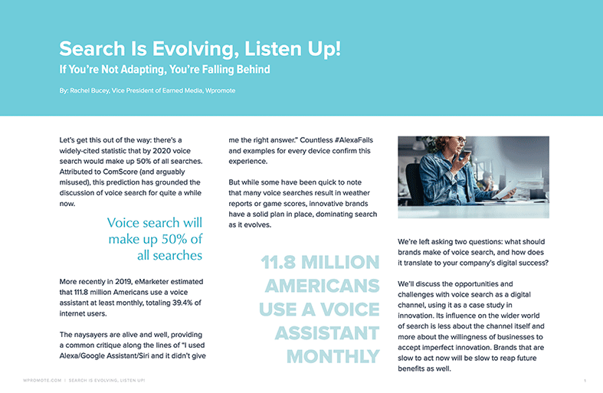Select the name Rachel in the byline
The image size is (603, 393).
tap(80, 90)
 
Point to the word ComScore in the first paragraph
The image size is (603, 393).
tap(120, 172)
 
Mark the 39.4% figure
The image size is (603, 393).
tap(182, 303)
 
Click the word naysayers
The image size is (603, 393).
tap(90, 335)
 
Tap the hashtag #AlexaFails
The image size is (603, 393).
tap(354, 140)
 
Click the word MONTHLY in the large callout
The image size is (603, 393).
tap(333, 356)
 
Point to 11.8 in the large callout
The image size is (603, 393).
tap(278, 262)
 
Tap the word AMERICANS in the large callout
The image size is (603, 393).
tap(323, 286)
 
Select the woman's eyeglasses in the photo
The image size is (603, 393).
tap(458, 141)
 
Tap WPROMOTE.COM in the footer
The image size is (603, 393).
tap(42, 380)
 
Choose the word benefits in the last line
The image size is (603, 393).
tap(411, 368)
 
